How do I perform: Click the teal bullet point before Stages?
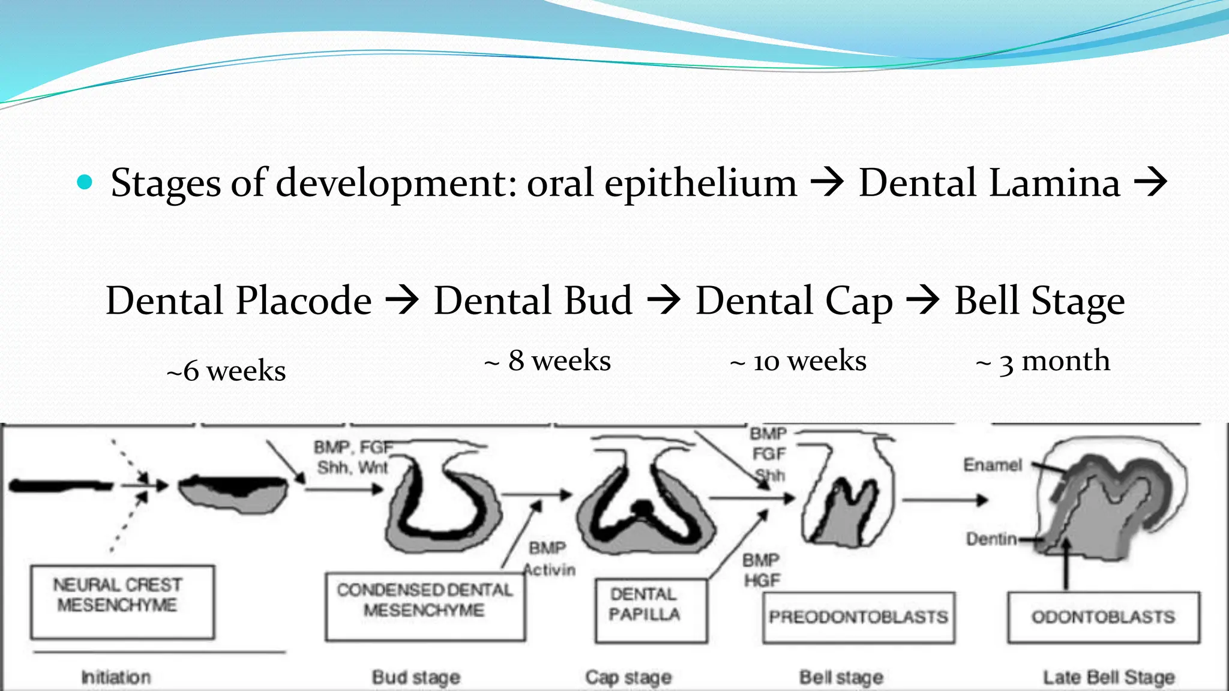(85, 182)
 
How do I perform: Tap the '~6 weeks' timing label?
(226, 371)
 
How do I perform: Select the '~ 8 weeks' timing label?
(547, 360)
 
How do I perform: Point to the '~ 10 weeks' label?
(798, 361)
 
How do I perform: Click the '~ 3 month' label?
(1043, 361)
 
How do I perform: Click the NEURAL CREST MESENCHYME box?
(122, 602)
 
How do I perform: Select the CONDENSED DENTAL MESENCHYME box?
(425, 606)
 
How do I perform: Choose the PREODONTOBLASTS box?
(858, 617)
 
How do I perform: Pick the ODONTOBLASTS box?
(1103, 617)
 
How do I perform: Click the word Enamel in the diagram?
(992, 465)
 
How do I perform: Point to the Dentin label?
(991, 539)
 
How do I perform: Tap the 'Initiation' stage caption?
(116, 677)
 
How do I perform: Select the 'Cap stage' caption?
(628, 677)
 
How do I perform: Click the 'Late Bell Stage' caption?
(1108, 677)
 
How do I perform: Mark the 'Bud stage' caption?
(416, 677)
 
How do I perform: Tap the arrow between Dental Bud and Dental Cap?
(664, 300)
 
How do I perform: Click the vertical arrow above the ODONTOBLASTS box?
(1066, 564)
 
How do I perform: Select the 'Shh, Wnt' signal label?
(352, 467)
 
